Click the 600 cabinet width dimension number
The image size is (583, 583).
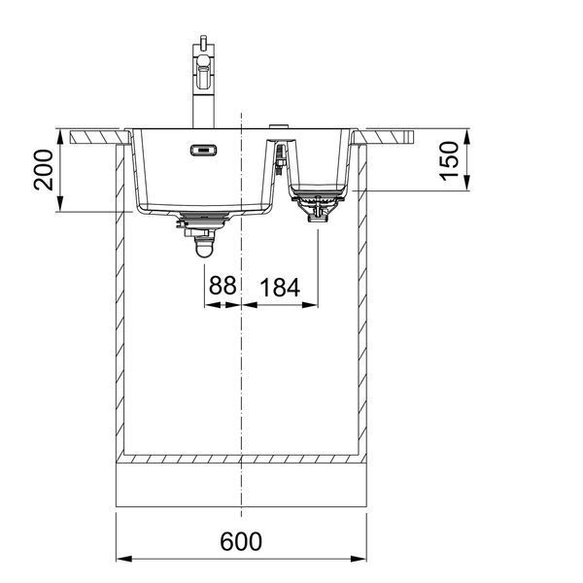pyautogui.click(x=241, y=541)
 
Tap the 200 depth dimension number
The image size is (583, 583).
pyautogui.click(x=44, y=170)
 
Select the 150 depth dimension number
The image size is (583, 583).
pyautogui.click(x=449, y=161)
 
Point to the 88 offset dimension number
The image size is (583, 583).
pyautogui.click(x=223, y=285)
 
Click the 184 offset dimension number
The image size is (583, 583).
pyautogui.click(x=280, y=288)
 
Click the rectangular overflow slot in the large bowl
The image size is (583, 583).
pyautogui.click(x=203, y=151)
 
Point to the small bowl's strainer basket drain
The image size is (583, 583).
pyautogui.click(x=318, y=205)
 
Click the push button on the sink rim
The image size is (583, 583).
pyautogui.click(x=279, y=126)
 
